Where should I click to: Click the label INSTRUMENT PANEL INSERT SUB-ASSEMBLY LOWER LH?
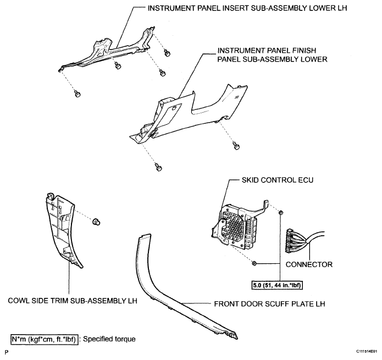247,8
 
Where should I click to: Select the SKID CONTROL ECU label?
277,180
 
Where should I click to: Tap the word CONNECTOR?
309,264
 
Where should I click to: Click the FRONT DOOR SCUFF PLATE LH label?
269,304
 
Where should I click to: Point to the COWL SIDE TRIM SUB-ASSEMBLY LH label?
73,301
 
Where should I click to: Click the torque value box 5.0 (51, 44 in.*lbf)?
277,285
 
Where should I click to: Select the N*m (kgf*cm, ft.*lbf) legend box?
45,339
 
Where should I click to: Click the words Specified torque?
109,339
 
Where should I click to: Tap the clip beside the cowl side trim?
97,221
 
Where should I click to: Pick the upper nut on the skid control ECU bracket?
280,212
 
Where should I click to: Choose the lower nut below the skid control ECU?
254,263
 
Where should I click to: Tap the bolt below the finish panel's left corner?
158,168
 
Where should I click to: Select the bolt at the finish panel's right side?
236,146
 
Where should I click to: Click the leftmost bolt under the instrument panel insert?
77,94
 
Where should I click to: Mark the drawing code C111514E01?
367,352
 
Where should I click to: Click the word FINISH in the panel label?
303,51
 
